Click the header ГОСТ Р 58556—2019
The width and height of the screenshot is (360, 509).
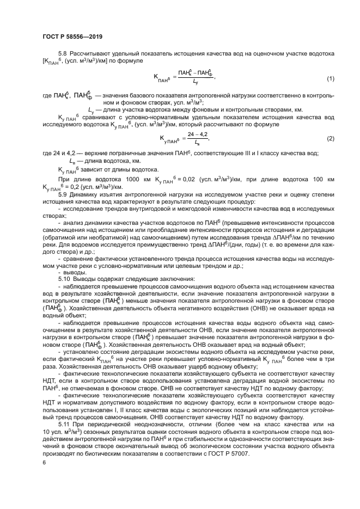tap(72, 36)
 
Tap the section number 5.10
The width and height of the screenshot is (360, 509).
tap(64, 279)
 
